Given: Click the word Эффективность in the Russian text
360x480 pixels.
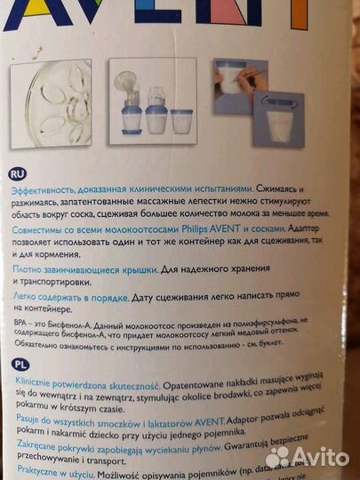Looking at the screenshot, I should pos(41,190).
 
